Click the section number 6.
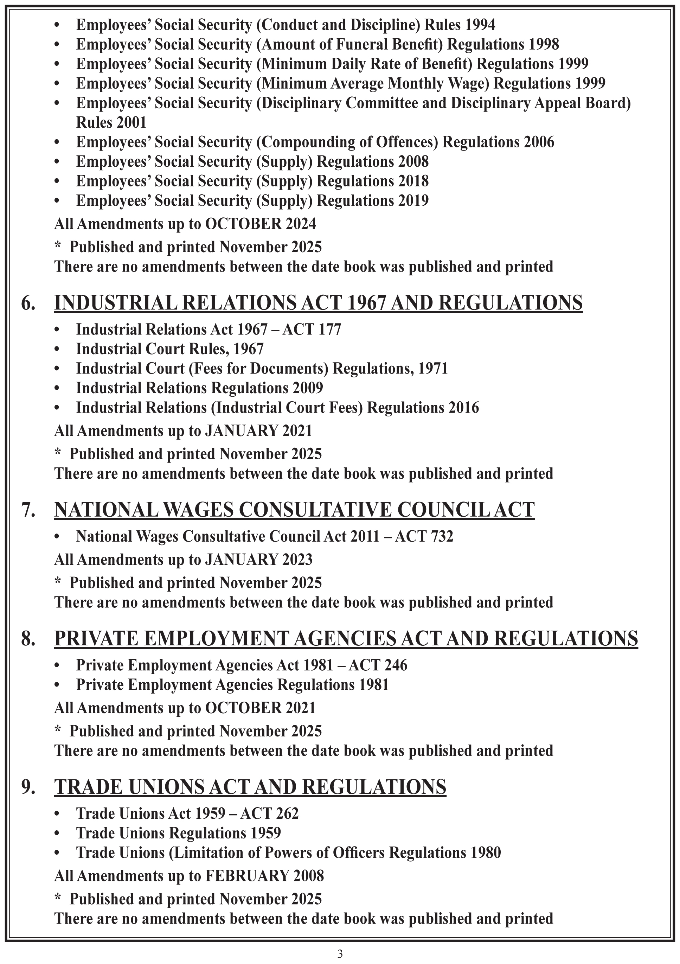(28, 303)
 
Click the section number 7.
(28, 510)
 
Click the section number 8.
(28, 639)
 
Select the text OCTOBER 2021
(260, 708)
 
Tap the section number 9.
(28, 787)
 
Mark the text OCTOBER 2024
(260, 224)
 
